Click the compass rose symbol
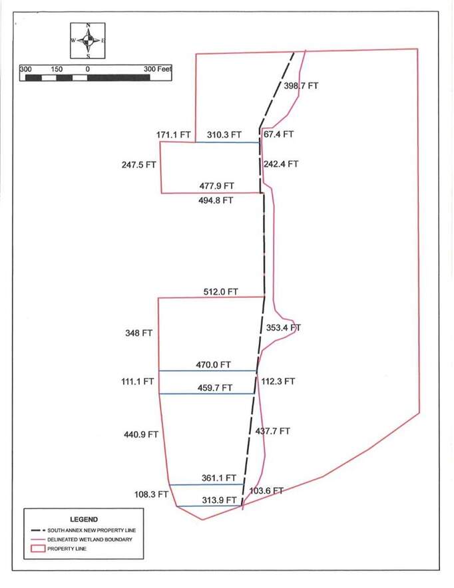point(87,40)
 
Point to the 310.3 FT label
point(223,134)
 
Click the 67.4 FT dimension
point(278,134)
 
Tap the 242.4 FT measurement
point(282,164)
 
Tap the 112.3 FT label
point(277,382)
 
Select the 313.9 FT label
point(220,500)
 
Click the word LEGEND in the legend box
point(84,519)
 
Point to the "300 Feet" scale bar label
point(158,69)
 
